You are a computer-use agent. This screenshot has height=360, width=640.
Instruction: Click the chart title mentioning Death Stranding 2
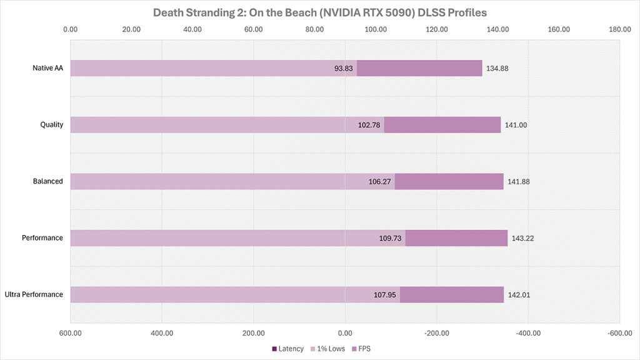(319, 12)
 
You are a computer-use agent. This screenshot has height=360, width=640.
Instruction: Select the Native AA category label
(47, 68)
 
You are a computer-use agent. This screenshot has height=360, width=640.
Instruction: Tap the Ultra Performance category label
(34, 294)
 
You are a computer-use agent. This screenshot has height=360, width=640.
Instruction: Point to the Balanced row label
(47, 181)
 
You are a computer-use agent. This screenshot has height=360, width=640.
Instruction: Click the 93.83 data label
(344, 68)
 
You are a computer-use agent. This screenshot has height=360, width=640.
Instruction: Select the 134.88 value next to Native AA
(497, 68)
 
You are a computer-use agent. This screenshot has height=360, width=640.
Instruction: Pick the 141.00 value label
(516, 125)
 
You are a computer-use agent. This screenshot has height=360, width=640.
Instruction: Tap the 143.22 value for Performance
(523, 238)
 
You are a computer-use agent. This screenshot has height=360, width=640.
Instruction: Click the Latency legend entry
(288, 348)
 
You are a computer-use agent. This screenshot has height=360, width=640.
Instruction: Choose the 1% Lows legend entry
(327, 348)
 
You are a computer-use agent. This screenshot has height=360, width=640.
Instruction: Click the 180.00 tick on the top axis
(619, 29)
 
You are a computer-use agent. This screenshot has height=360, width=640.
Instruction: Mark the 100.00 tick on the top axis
(375, 29)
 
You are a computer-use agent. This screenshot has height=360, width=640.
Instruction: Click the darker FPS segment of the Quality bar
(442, 125)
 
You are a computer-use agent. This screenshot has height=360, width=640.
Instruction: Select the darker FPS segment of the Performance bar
(456, 238)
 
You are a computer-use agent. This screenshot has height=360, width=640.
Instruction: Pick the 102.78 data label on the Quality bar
(369, 125)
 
